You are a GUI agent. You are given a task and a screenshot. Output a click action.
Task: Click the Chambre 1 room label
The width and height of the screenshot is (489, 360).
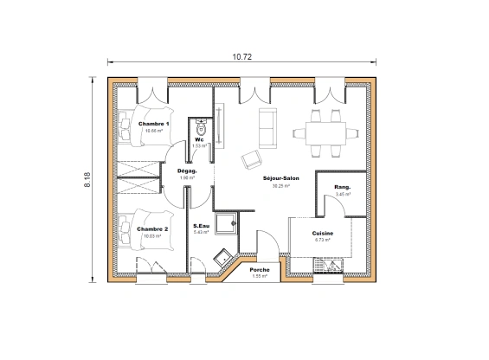click(154, 124)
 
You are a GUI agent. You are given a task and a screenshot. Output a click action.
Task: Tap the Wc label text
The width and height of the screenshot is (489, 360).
click(199, 139)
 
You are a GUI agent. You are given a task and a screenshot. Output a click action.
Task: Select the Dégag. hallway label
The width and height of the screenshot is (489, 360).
click(187, 170)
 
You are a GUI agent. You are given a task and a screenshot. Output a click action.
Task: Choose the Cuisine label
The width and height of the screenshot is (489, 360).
click(324, 234)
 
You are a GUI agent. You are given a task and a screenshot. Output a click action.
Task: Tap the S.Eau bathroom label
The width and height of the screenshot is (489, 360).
click(203, 225)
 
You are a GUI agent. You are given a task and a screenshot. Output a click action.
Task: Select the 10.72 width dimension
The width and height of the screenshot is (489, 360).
click(243, 57)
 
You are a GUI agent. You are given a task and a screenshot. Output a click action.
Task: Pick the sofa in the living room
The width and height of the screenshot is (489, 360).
click(265, 126)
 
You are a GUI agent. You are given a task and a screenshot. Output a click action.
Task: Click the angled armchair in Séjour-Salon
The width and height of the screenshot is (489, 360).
click(253, 158)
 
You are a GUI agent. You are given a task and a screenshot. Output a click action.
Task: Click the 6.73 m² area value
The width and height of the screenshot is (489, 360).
click(324, 241)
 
